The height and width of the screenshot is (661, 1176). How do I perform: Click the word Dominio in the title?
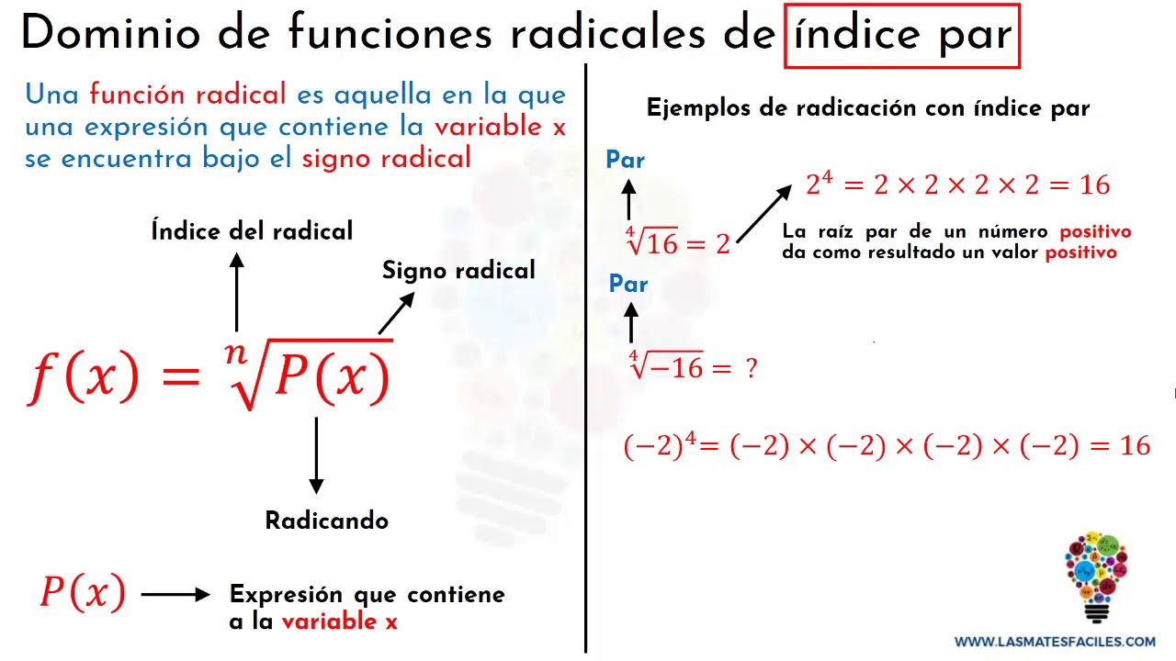[111, 33]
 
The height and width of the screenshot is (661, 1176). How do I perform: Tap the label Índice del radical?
[252, 230]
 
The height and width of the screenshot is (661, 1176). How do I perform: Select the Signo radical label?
[458, 271]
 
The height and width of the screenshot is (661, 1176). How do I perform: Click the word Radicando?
[326, 521]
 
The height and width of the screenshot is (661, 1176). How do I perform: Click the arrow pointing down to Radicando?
[316, 455]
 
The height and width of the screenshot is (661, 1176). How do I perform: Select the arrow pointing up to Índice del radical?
[237, 292]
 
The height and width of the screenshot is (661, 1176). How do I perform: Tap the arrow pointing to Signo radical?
[396, 313]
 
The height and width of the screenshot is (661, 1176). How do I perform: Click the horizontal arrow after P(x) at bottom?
[175, 594]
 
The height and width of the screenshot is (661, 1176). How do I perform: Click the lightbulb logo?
[1096, 577]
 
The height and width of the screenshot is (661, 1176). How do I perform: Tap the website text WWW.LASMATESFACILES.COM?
[1055, 642]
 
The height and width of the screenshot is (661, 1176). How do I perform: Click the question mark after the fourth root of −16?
[752, 368]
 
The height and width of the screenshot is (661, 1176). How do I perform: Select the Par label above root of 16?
[626, 160]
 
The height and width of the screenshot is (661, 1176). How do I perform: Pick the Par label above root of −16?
[628, 284]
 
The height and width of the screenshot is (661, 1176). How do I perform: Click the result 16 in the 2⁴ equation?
[1094, 185]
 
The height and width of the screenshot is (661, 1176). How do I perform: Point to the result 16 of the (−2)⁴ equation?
[1135, 446]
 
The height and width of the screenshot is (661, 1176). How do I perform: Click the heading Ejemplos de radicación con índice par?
[868, 108]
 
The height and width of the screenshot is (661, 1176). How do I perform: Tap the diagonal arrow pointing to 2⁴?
[763, 214]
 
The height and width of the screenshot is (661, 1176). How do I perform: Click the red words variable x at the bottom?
[340, 622]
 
